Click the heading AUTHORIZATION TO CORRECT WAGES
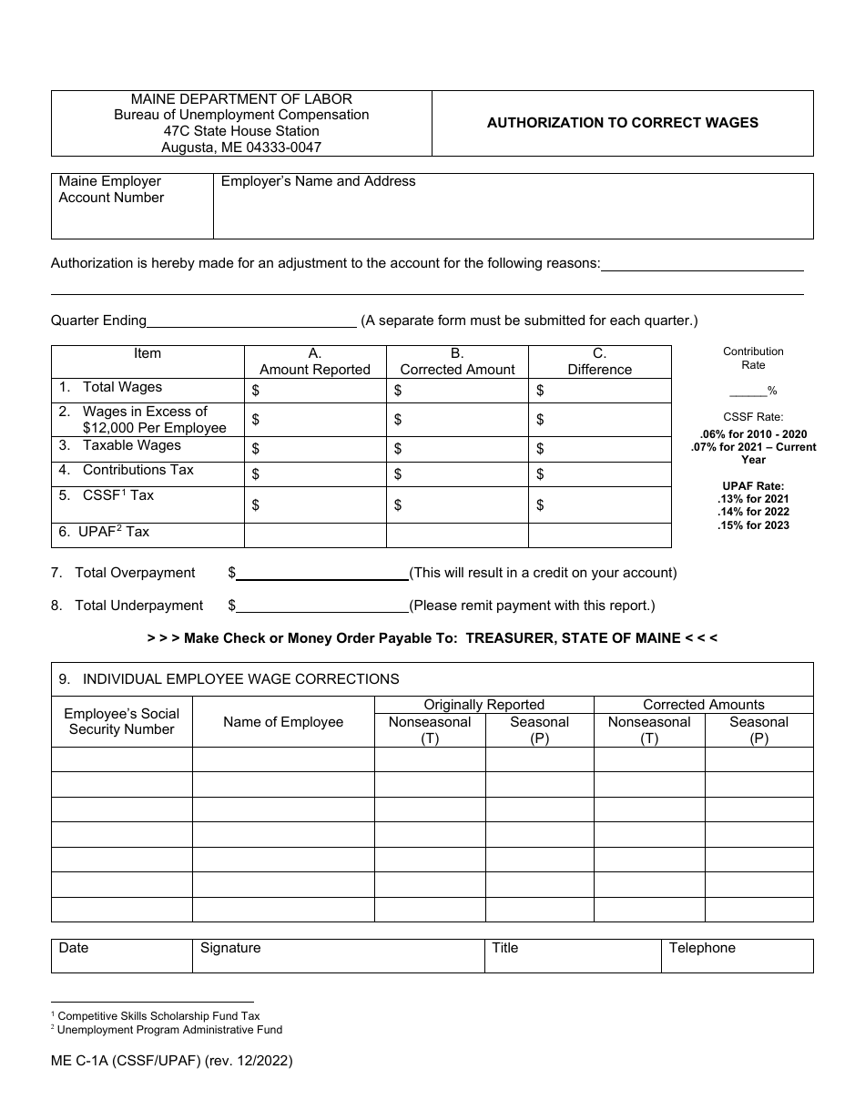tap(622, 123)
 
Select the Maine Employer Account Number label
tap(111, 189)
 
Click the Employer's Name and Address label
tap(318, 181)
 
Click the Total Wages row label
tap(122, 387)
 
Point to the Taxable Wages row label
tap(131, 445)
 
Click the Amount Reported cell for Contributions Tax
tap(315, 473)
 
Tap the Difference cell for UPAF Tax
tap(599, 535)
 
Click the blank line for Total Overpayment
tap(322, 575)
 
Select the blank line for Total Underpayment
tap(322, 606)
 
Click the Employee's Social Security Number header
tap(121, 721)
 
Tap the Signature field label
tap(230, 948)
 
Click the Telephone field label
tap(702, 948)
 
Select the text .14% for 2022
tap(753, 512)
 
